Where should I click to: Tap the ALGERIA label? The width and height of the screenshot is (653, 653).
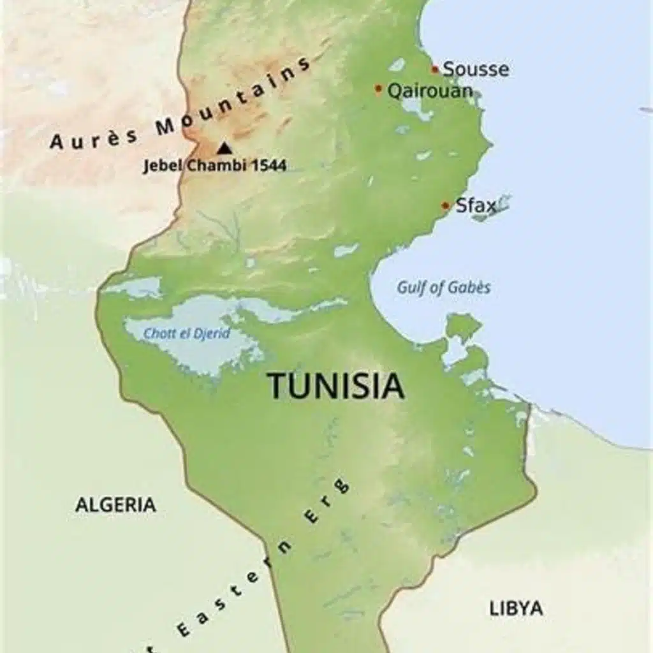[115, 505]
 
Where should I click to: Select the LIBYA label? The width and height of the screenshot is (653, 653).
[516, 608]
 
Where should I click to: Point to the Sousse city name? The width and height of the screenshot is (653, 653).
[476, 70]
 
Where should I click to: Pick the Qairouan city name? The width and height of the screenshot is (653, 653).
[430, 91]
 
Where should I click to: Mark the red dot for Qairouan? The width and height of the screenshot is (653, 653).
[379, 89]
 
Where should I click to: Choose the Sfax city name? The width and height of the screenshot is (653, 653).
[475, 205]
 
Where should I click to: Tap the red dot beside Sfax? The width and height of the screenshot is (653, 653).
[446, 205]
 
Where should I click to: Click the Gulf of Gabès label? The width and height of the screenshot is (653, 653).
[444, 288]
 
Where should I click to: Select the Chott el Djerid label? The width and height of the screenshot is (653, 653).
[186, 334]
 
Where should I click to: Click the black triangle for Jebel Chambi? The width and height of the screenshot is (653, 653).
[223, 148]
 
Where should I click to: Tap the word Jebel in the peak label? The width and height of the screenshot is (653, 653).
[163, 166]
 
